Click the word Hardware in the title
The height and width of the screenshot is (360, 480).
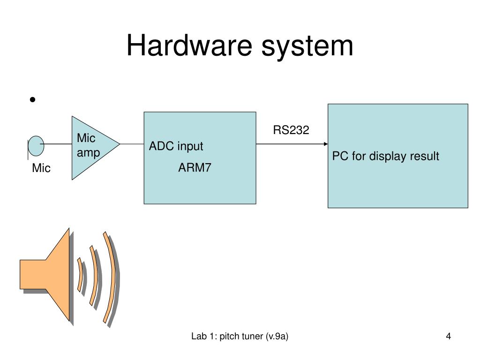point(189,45)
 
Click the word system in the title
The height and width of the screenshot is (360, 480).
point(307,47)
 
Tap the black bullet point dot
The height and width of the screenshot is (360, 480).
point(32,99)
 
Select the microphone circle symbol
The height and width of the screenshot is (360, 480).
point(36,146)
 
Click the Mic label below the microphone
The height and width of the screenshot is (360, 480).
point(41,168)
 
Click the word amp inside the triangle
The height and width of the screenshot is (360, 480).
point(88,153)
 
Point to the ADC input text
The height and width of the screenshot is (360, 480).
point(176,146)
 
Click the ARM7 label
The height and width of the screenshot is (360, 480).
point(195,167)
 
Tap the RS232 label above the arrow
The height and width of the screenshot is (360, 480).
point(291,130)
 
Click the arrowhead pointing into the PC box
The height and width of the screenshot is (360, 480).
point(326,144)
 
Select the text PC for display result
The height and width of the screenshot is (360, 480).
point(386,156)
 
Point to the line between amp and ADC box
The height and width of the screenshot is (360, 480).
point(132,144)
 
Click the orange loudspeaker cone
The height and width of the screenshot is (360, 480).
point(45,274)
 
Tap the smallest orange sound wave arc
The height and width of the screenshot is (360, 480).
point(80,275)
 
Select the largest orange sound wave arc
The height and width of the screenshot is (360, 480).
point(111,277)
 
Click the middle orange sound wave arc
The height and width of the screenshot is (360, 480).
point(95,276)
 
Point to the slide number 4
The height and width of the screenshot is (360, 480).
point(448,336)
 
